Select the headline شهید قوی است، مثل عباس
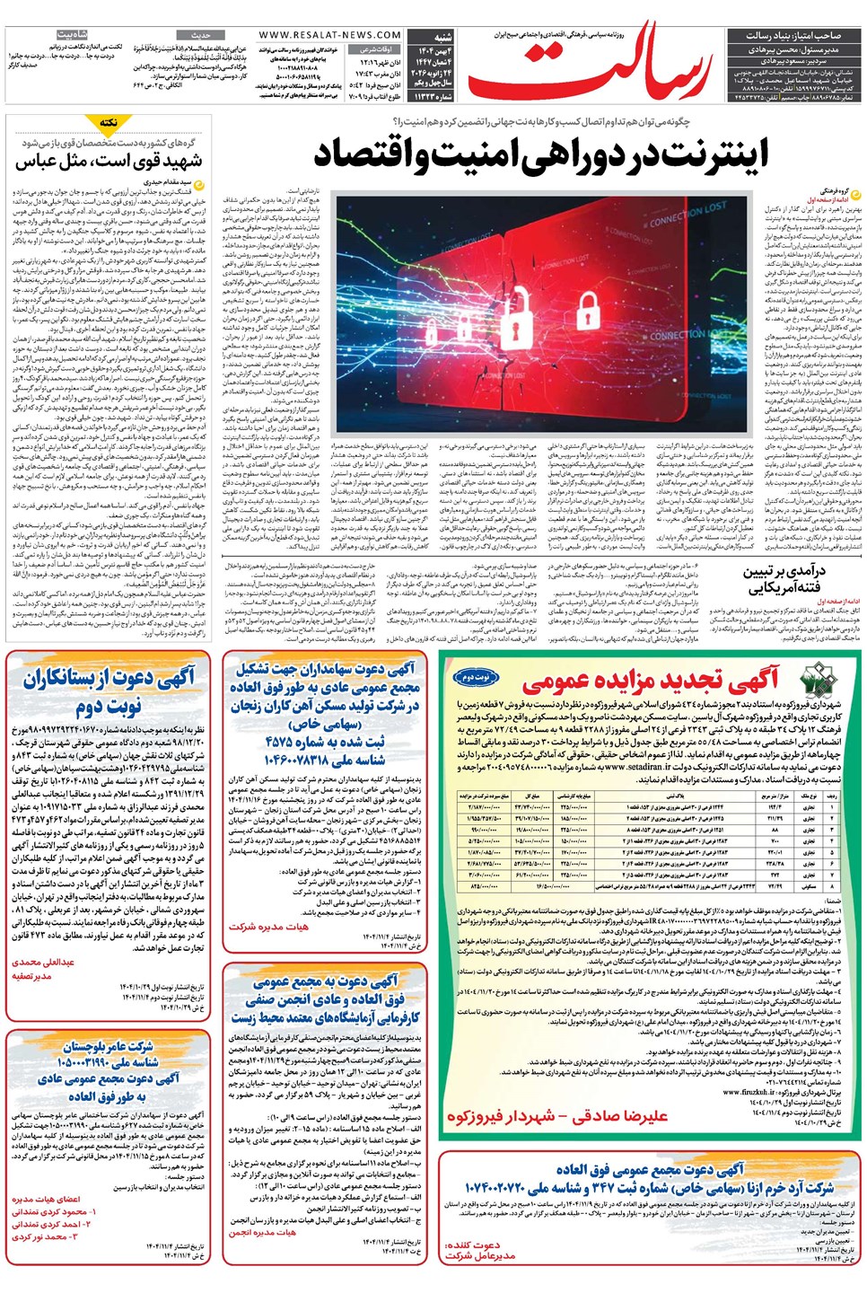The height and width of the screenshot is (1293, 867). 109,162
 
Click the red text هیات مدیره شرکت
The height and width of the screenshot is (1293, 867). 268,926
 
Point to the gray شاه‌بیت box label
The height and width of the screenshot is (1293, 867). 71,35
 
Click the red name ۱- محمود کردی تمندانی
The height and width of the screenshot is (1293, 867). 54,1211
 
